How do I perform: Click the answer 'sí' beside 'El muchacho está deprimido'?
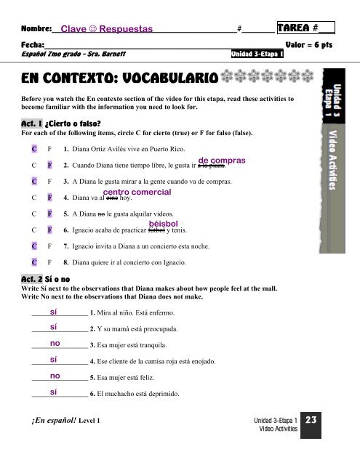point(55,392)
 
